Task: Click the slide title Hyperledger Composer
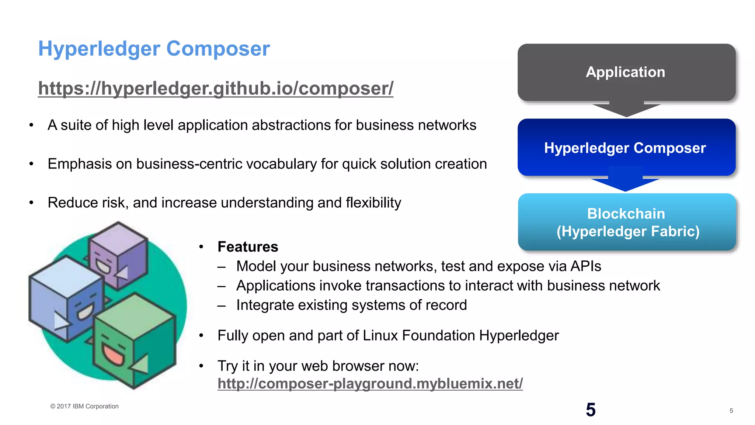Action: (x=154, y=49)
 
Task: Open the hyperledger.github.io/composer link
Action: (x=216, y=88)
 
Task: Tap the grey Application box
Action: (x=626, y=72)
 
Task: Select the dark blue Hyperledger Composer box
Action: (x=626, y=148)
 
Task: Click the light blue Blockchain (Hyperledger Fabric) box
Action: (x=627, y=222)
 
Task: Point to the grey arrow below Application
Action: (x=626, y=109)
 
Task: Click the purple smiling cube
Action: (x=118, y=255)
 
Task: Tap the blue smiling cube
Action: (x=66, y=299)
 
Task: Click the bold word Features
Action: (x=248, y=247)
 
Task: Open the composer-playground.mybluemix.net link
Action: (x=370, y=384)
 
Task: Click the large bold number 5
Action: (x=591, y=410)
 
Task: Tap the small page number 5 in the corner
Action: (x=731, y=411)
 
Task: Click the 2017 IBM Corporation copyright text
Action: (x=84, y=406)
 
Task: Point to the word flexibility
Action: (x=373, y=203)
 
